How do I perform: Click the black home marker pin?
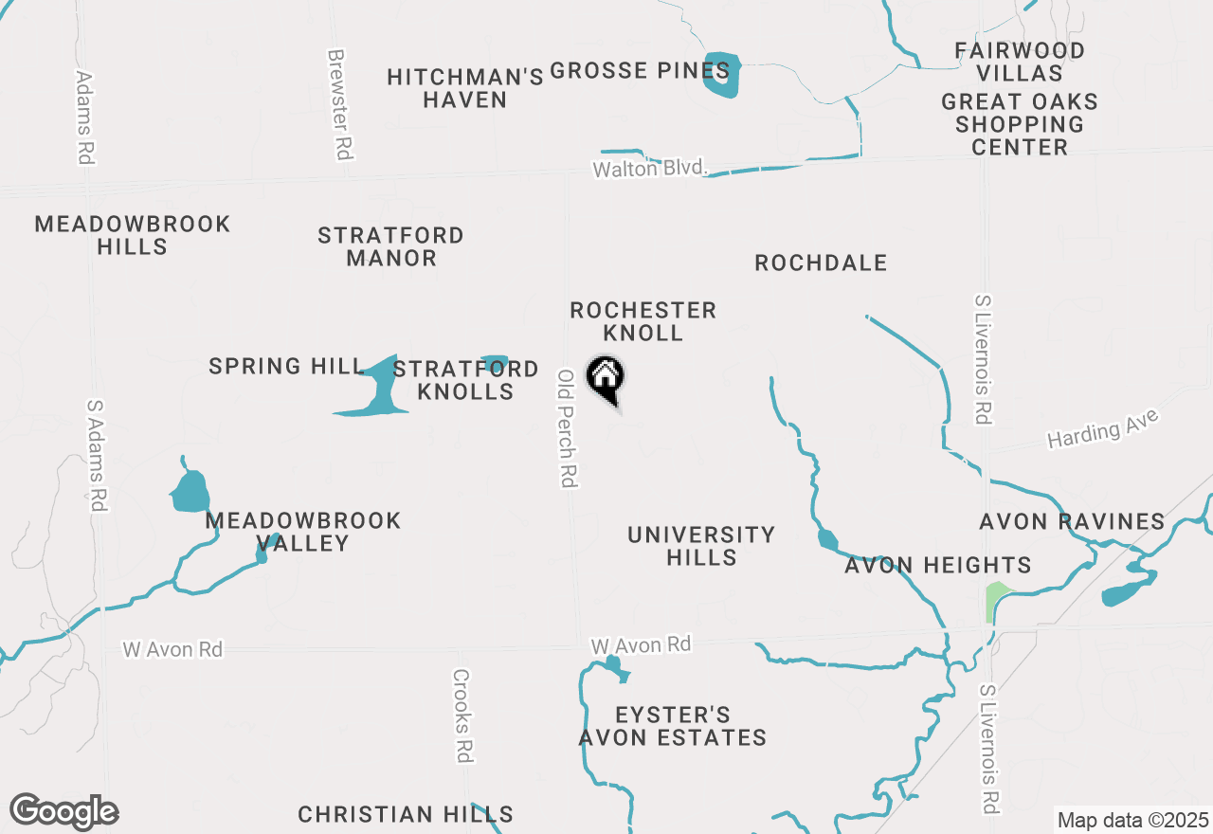pos(605,378)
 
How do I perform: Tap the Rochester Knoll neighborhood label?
pos(643,321)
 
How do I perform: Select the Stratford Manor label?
pos(390,246)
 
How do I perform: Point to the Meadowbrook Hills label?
pos(133,235)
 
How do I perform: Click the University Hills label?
pos(701,546)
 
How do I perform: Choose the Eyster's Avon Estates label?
pos(672,726)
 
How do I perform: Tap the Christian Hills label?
pos(406,814)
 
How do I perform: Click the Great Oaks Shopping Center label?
pos(1020,124)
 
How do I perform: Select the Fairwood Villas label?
pos(1020,61)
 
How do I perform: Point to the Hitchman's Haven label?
pos(465,88)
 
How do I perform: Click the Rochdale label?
pos(821,263)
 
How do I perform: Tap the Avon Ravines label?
pos(1072,521)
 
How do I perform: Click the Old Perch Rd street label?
pos(567,428)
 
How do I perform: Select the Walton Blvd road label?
pos(650,169)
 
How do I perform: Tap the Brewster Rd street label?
pos(339,104)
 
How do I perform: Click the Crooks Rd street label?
pos(462,716)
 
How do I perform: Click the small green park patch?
pos(996,600)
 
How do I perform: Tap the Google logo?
pos(64,811)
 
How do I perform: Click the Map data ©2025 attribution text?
pos(1133,820)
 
